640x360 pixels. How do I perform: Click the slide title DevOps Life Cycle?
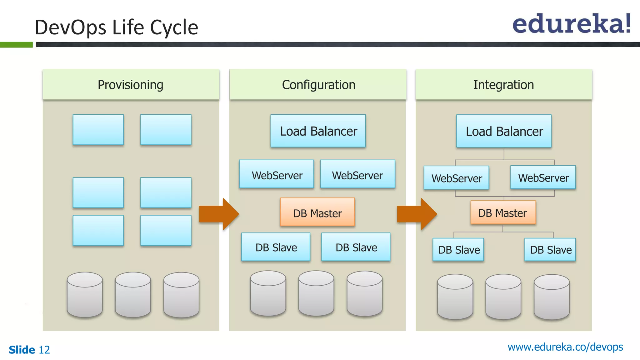(x=116, y=27)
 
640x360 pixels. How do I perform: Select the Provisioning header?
(x=131, y=85)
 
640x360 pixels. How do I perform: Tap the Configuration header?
(x=318, y=85)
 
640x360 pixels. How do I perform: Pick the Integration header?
(x=503, y=85)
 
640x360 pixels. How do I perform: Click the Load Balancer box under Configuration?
(x=318, y=131)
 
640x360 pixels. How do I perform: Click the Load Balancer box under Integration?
(x=504, y=131)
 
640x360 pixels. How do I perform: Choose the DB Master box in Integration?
(x=503, y=213)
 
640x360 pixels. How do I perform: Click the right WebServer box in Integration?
(x=543, y=177)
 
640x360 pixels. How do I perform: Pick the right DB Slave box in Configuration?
(x=356, y=247)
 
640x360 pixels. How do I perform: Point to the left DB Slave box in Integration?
(x=458, y=250)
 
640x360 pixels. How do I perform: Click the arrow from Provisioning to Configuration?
(x=219, y=214)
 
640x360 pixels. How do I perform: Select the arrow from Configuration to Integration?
(x=417, y=214)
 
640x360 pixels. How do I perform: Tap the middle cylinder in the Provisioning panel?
(x=133, y=295)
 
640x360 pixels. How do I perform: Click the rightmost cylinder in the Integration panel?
(x=552, y=297)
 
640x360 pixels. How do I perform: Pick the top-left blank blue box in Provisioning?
(x=98, y=129)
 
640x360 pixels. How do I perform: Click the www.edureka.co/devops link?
(x=565, y=347)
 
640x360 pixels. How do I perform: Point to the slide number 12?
(x=44, y=350)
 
